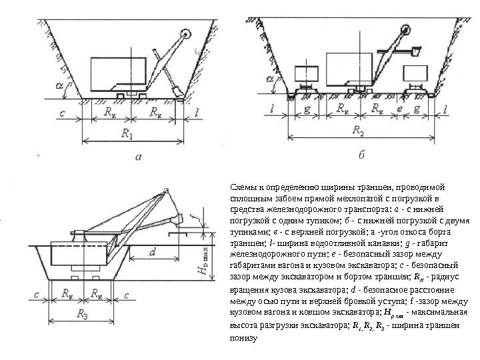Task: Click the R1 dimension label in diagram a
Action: (126, 134)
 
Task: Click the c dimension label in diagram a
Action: (62, 114)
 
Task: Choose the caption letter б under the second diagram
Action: (361, 154)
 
